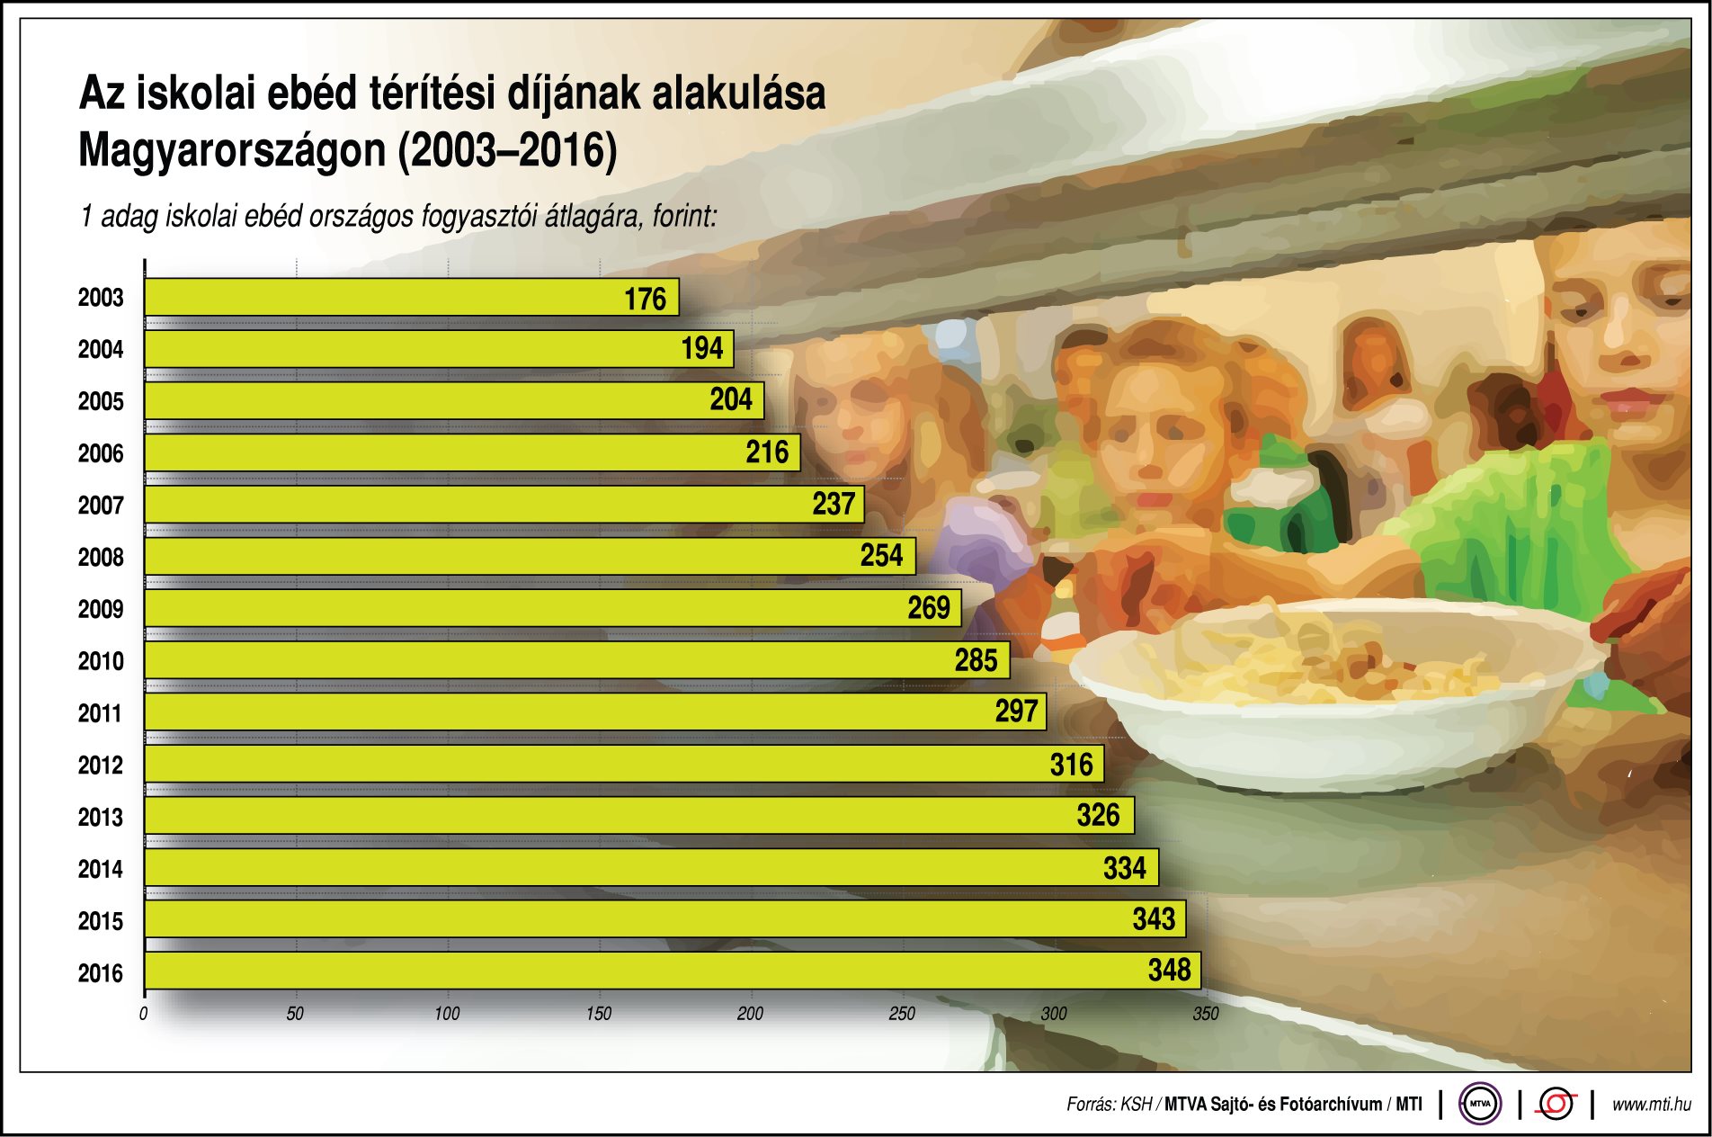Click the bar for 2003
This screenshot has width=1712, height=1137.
(411, 297)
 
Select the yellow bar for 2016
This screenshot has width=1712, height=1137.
(673, 971)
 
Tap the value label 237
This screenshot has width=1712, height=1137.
(834, 504)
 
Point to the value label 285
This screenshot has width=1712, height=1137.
(976, 660)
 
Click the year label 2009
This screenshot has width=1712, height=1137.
(101, 609)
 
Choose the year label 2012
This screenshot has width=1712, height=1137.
(101, 765)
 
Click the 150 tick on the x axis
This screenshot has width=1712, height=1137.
(599, 1014)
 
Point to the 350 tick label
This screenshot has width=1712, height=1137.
(1206, 1014)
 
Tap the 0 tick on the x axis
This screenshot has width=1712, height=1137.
(144, 1014)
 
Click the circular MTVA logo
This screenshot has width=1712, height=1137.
(1480, 1104)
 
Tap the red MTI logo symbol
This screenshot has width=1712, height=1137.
(1556, 1104)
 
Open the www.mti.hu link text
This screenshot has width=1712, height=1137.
(1651, 1105)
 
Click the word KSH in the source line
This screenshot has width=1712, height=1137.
(1136, 1105)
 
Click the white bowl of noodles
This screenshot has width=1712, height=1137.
(1331, 693)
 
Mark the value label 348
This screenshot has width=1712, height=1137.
(1169, 970)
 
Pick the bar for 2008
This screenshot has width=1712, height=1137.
(530, 556)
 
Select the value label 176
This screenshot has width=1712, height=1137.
(645, 299)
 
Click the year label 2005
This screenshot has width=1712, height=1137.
(101, 401)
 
